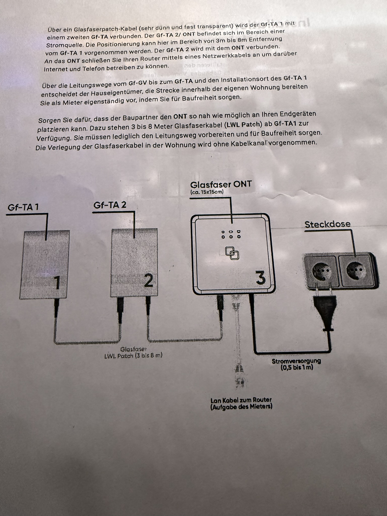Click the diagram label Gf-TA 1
(23, 207)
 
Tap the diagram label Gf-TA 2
(110, 205)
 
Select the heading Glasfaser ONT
(221, 185)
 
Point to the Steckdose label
(327, 224)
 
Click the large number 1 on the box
(57, 283)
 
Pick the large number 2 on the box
(148, 281)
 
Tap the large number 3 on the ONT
(261, 278)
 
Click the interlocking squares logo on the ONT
(232, 253)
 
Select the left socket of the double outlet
(320, 271)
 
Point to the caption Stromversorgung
(296, 361)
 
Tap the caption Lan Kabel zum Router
(241, 400)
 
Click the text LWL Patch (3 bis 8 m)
(133, 356)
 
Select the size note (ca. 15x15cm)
(207, 192)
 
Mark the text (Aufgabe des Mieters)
(241, 406)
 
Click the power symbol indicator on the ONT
(223, 232)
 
